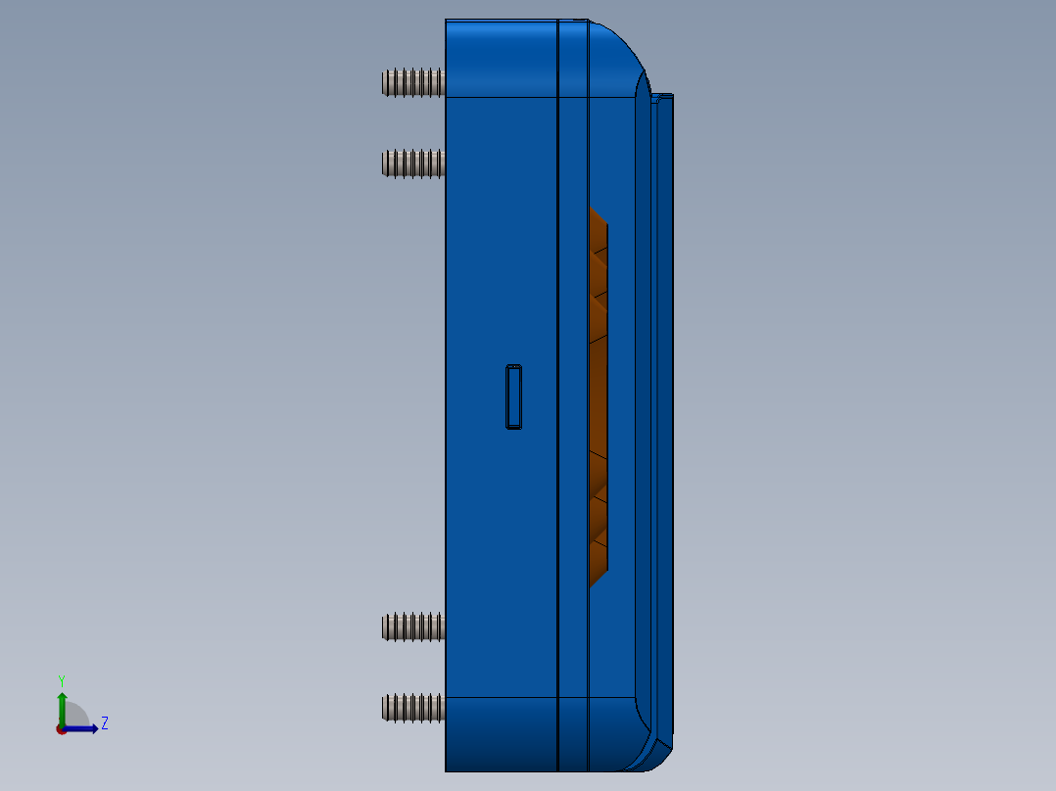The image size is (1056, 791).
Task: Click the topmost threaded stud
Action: [x=413, y=82]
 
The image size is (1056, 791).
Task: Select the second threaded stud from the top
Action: [x=413, y=163]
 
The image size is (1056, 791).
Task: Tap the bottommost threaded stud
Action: [x=413, y=708]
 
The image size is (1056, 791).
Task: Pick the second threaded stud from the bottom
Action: [x=413, y=627]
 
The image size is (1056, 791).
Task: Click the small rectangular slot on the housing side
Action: [x=513, y=395]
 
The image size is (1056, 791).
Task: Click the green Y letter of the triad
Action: [x=61, y=680]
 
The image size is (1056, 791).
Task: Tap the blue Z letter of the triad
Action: [x=104, y=723]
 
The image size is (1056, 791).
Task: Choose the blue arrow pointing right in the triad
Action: [x=86, y=728]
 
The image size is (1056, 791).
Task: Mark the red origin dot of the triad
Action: [x=61, y=729]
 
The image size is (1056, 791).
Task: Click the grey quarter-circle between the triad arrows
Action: [x=75, y=716]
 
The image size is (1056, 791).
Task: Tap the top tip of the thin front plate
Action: [x=664, y=96]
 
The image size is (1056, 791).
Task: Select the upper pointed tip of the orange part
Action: [x=591, y=209]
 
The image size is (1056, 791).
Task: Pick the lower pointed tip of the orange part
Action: [x=591, y=583]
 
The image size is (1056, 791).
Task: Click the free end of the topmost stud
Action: [x=385, y=82]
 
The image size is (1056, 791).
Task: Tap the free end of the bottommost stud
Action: [x=385, y=708]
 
